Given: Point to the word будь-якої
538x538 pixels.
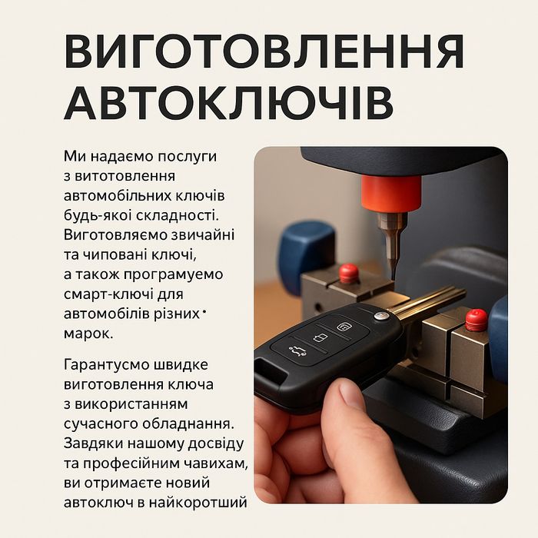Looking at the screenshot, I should click(101, 213).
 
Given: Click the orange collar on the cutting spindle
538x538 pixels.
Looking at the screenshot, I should click(391, 194).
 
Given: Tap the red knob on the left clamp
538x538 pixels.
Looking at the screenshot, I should click(350, 272).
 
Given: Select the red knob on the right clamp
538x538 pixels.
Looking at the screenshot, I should click(477, 319).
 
